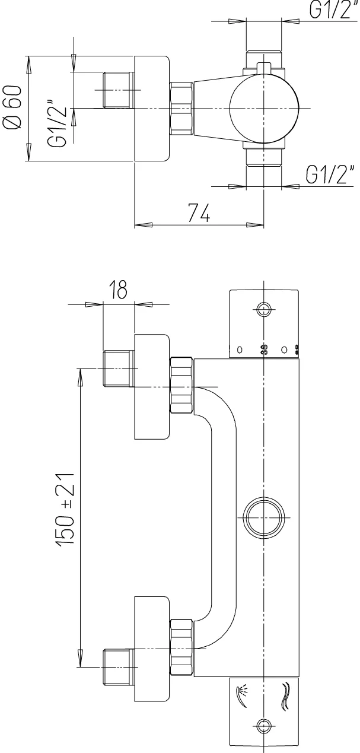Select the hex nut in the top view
[181, 109]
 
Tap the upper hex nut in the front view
[181, 385]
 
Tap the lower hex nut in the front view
[181, 647]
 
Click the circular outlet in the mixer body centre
[264, 516]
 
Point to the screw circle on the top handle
[263, 309]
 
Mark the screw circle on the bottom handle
[263, 725]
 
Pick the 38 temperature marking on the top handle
[263, 350]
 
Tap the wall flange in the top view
[152, 109]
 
